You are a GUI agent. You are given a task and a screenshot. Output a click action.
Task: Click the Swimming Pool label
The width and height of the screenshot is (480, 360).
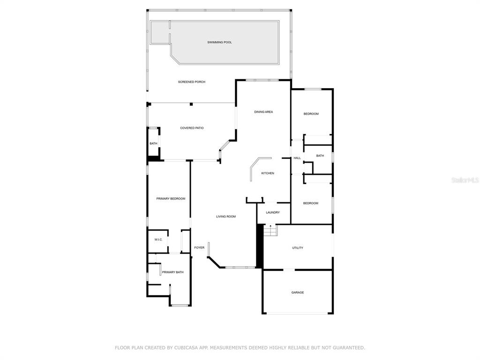219,42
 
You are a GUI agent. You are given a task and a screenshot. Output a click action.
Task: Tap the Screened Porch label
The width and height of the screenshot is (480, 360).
192,82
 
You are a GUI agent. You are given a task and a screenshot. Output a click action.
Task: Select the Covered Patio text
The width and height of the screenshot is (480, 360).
192,128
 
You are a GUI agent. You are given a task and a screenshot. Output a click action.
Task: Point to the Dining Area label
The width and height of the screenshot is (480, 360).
263,112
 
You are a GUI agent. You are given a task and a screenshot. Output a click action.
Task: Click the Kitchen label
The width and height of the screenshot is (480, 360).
268,173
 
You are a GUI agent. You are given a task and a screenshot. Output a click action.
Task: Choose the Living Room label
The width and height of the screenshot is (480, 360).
226,217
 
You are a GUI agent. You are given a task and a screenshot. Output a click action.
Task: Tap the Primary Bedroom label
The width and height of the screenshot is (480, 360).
171,199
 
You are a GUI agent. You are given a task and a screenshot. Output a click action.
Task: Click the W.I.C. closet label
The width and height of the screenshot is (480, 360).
158,240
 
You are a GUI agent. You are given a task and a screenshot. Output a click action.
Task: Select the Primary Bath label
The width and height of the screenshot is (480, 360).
172,272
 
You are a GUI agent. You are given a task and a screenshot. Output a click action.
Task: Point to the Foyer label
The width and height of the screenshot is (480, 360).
199,247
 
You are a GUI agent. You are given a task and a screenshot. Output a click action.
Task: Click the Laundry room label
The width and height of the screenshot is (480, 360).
273,212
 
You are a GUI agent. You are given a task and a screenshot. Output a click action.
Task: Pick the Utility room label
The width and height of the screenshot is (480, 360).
298,247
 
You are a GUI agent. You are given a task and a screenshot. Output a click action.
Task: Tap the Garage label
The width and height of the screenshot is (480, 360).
298,292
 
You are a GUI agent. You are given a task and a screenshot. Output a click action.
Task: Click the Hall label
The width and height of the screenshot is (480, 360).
297,158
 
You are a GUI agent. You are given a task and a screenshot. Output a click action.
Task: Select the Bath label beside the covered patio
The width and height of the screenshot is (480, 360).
153,143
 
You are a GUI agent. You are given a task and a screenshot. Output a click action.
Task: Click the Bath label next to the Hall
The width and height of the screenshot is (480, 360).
320,156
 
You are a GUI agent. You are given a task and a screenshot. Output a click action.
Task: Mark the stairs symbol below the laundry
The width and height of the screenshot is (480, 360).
270,230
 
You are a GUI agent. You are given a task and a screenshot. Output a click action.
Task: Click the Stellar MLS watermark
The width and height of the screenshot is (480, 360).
465,180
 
